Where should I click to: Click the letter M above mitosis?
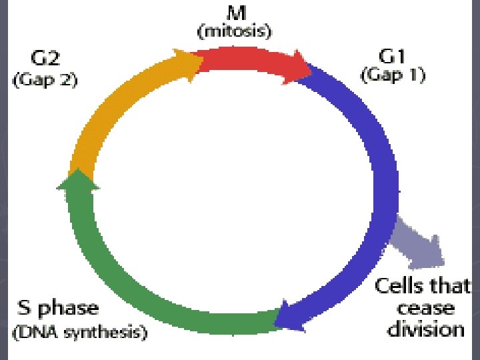[233, 15]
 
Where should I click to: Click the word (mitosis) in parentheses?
[233, 31]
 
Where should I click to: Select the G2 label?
[45, 60]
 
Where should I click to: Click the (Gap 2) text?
[45, 80]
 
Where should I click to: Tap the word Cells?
[401, 287]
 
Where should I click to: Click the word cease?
[423, 308]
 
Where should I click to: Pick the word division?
[425, 329]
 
